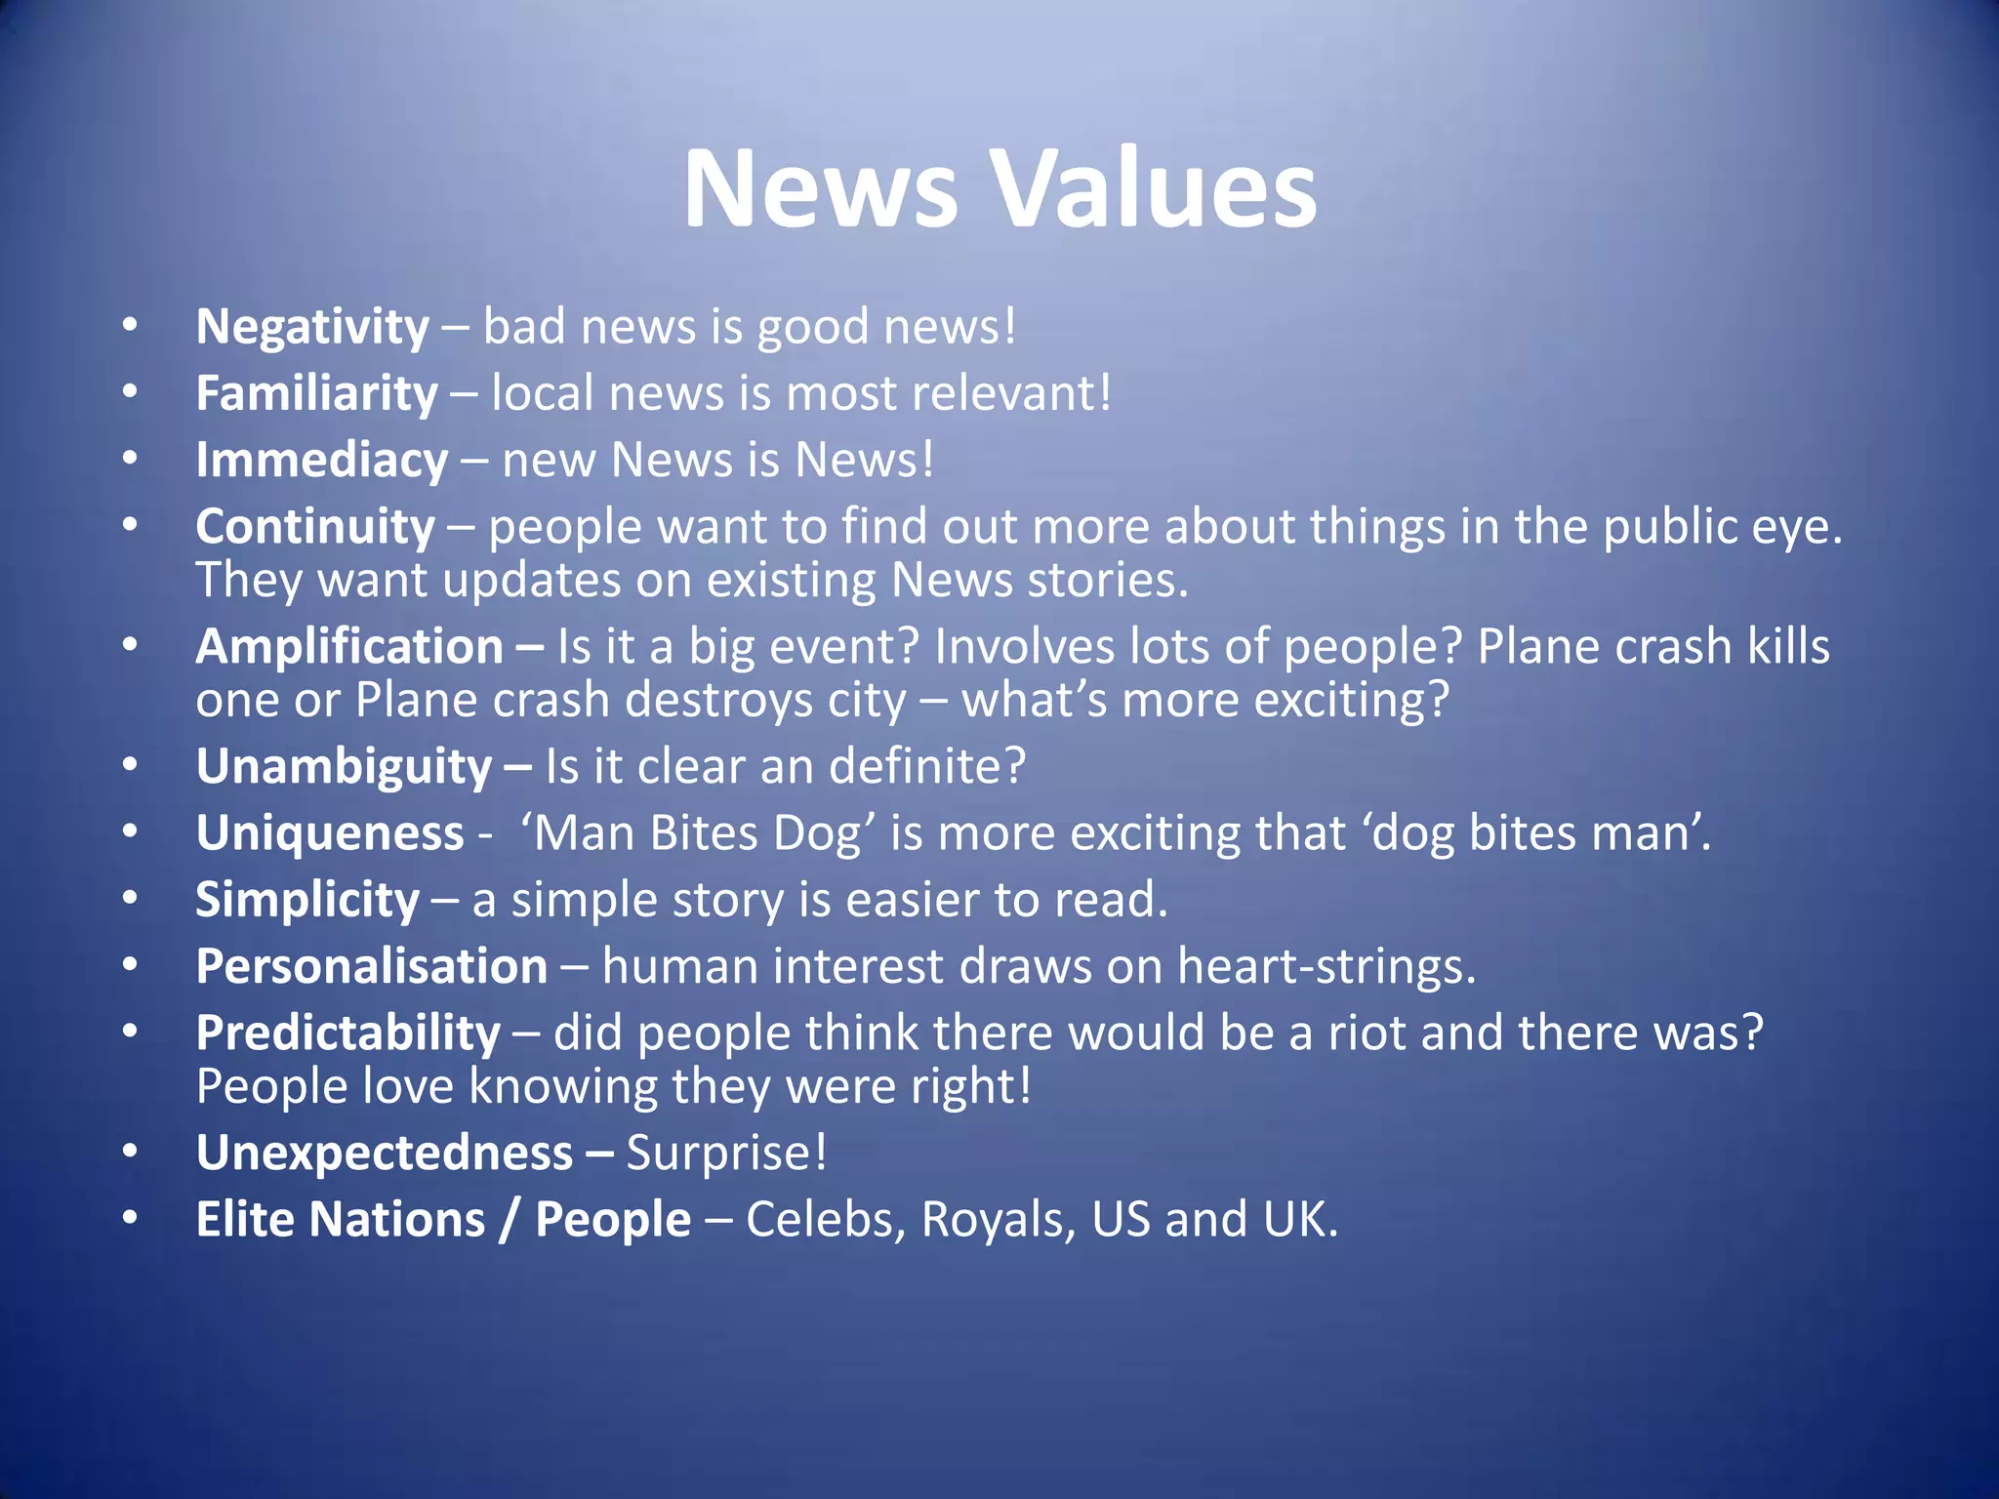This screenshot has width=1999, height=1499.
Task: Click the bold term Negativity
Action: pyautogui.click(x=312, y=327)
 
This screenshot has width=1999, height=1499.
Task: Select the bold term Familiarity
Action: pyautogui.click(x=317, y=393)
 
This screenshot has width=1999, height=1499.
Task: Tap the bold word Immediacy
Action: pyautogui.click(x=322, y=460)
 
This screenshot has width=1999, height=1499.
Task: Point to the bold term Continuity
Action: pyautogui.click(x=315, y=527)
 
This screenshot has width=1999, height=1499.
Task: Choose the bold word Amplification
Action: pyautogui.click(x=349, y=646)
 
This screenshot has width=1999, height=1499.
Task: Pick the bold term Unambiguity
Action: pyautogui.click(x=344, y=767)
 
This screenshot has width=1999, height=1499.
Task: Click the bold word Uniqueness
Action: pyautogui.click(x=330, y=833)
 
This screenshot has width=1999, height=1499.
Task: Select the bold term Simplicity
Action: pyautogui.click(x=307, y=900)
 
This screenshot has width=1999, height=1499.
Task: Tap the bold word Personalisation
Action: pyautogui.click(x=372, y=966)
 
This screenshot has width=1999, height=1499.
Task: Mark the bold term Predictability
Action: pyautogui.click(x=348, y=1033)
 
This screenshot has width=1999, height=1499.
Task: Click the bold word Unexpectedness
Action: pyautogui.click(x=385, y=1153)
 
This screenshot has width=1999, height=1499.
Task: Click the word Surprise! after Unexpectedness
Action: pyautogui.click(x=726, y=1153)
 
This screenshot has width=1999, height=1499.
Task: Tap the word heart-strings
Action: pyautogui.click(x=1326, y=966)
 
